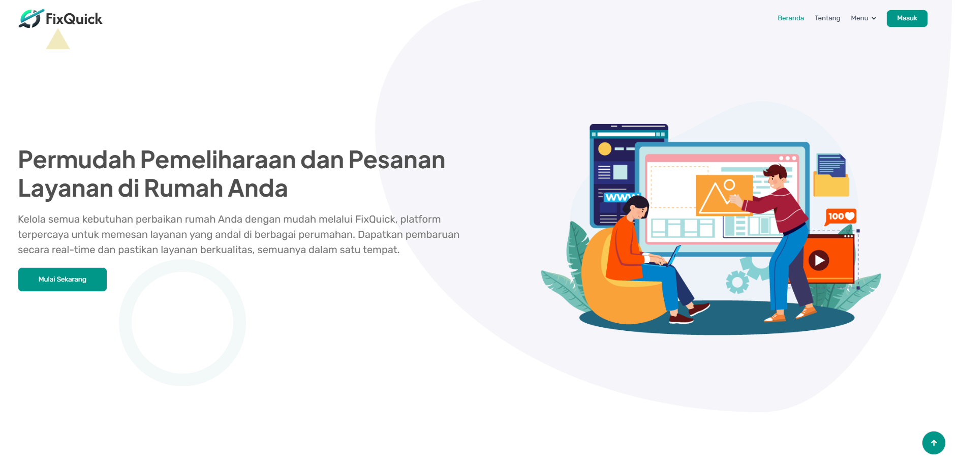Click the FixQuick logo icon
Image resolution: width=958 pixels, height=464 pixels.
30,18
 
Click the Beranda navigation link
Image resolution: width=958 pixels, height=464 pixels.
791,18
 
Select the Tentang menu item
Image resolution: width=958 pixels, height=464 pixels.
827,18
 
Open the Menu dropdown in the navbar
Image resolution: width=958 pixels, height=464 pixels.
863,18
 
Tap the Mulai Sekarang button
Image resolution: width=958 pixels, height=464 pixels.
63,280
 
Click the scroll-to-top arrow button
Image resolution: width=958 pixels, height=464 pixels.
934,443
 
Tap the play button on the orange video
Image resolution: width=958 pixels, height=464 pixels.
819,260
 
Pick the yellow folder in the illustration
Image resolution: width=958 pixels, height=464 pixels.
831,184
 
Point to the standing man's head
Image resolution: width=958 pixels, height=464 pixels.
776,176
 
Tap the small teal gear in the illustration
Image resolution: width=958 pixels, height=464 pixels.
737,282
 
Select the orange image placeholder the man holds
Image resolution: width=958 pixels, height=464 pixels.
724,195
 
